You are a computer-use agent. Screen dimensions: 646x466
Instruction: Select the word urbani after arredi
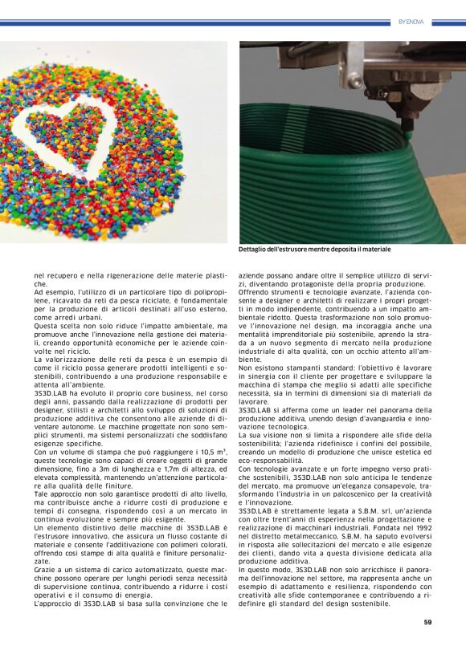[86, 318]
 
